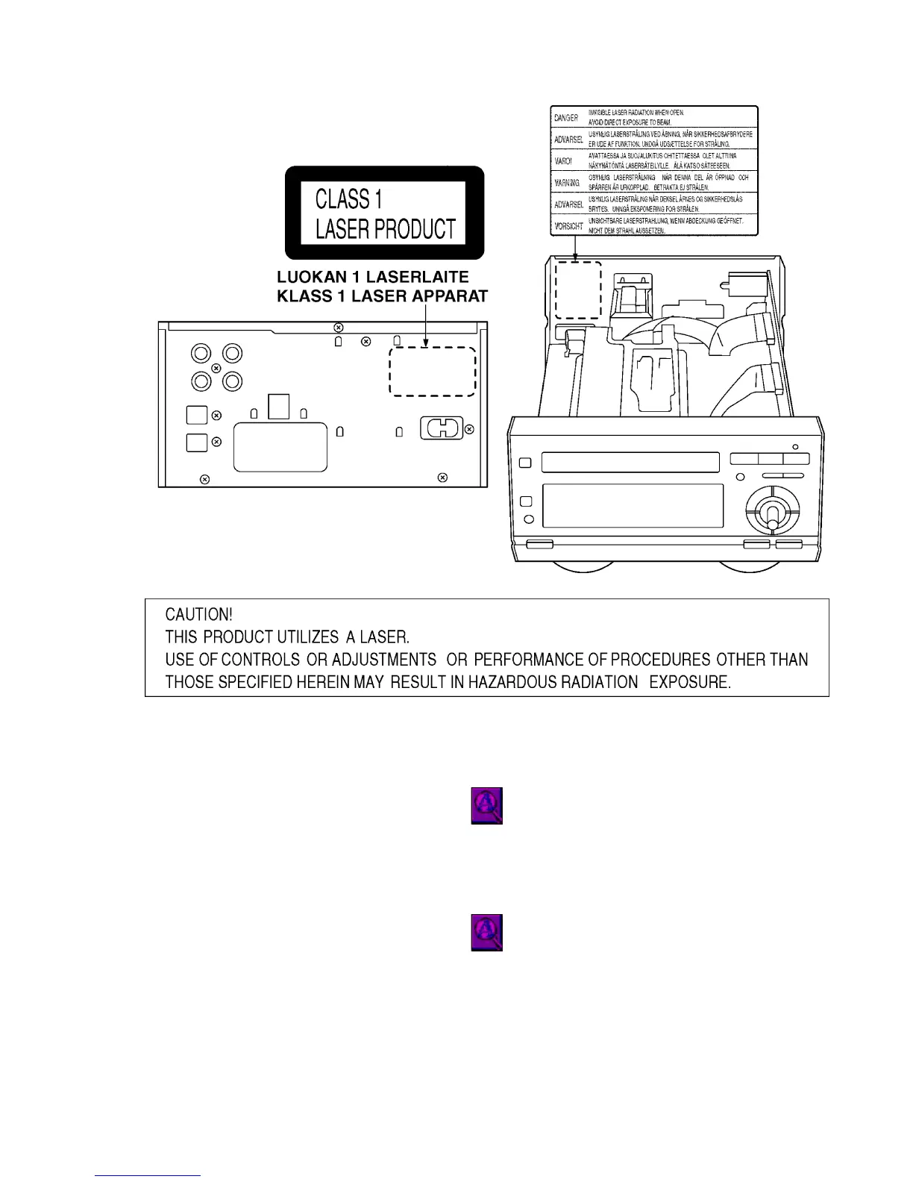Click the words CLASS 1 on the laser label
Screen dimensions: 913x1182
coord(348,199)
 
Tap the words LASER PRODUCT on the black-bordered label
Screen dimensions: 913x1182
coord(385,228)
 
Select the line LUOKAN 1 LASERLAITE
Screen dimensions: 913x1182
coord(373,278)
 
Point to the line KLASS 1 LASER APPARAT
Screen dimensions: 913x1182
coord(382,296)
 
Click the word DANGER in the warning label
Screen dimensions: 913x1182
coord(566,118)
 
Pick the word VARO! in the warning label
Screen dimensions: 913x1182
coord(564,161)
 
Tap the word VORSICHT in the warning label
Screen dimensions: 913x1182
coord(568,226)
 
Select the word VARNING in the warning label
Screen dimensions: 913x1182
coord(568,183)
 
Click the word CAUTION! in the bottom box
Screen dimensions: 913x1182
coord(198,615)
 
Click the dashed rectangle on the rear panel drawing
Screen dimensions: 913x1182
coord(433,372)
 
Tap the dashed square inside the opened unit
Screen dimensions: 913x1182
coord(578,290)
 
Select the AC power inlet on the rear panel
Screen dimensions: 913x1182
coord(442,428)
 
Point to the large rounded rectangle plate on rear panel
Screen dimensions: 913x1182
coord(280,447)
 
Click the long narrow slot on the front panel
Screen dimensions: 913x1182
coord(630,462)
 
